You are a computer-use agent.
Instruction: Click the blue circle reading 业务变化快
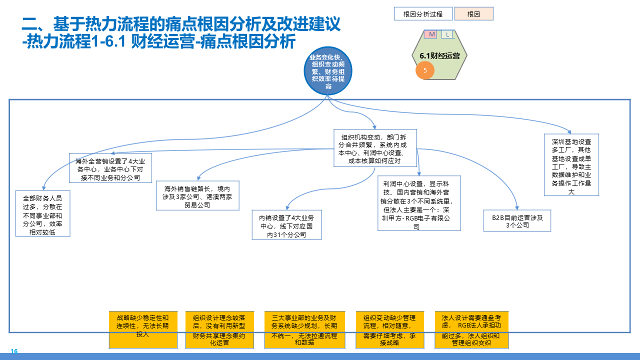[x=328, y=72]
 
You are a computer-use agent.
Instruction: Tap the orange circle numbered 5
[x=425, y=70]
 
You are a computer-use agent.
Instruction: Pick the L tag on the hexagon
[x=447, y=34]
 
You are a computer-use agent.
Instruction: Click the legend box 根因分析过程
[x=422, y=14]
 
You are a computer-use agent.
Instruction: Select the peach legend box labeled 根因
[x=473, y=14]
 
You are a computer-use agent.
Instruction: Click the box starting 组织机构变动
[x=375, y=148]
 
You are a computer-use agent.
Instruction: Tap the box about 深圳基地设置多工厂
[x=571, y=164]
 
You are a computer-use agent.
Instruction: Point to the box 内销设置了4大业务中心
[x=286, y=225]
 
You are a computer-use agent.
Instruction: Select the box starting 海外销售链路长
[x=197, y=195]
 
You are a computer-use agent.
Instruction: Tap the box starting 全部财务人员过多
[x=43, y=213]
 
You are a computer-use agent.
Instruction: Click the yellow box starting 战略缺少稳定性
[x=143, y=330]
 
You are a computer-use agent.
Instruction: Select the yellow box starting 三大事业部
[x=304, y=330]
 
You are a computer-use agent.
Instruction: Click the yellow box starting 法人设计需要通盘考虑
[x=471, y=330]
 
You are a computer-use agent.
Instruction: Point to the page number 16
[x=14, y=351]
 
